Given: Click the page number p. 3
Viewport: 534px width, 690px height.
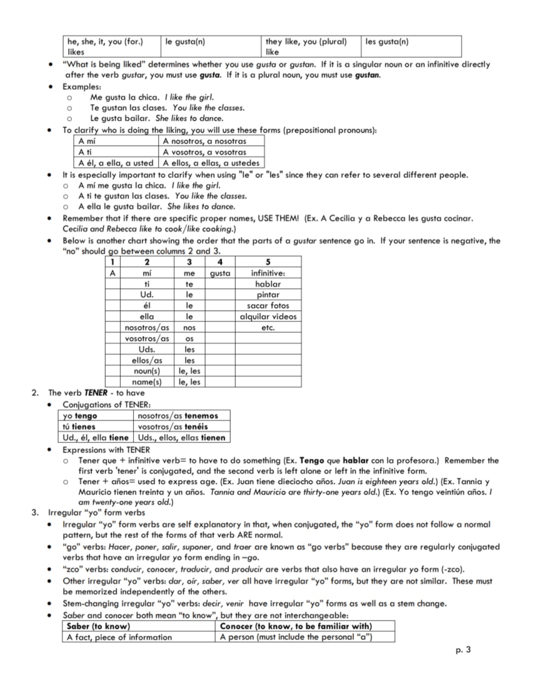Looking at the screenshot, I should pos(463,650).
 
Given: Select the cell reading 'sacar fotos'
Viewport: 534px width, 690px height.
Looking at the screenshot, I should pos(268,306).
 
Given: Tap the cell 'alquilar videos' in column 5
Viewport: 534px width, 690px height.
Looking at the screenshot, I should pos(268,317).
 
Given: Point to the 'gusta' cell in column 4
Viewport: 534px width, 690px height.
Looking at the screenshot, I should pos(220,273).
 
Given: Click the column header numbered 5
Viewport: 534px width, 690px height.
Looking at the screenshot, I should pos(268,262).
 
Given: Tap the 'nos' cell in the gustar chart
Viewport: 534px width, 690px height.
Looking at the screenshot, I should pos(189,328).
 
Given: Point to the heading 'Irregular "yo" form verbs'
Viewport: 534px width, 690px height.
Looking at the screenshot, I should pos(97,513).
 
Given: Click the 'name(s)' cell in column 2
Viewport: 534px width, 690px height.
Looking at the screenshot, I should pos(147,382).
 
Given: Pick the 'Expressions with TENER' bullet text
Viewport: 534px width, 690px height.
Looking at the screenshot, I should pos(106,450).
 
